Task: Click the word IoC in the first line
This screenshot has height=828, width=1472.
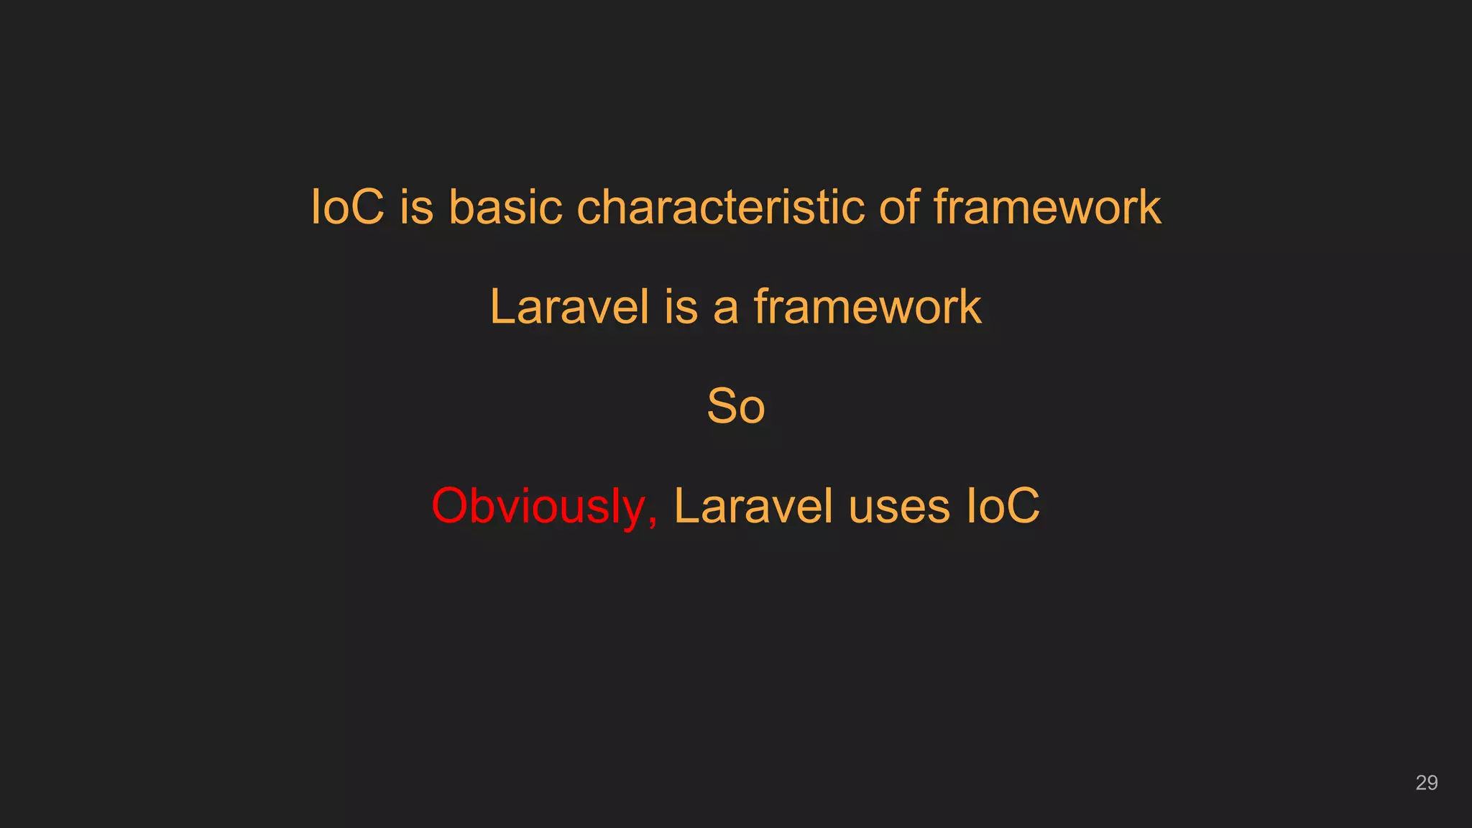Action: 347,208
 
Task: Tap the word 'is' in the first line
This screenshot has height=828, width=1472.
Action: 417,208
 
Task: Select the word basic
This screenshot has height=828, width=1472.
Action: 505,208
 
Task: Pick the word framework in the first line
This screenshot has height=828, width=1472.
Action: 1047,208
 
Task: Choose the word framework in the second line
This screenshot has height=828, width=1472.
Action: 868,307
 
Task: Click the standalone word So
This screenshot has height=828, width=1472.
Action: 736,406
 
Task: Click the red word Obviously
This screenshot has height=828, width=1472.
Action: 538,507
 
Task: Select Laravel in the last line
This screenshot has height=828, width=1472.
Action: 753,506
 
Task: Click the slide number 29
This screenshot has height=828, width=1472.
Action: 1426,783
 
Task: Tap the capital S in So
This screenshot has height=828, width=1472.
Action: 721,406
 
